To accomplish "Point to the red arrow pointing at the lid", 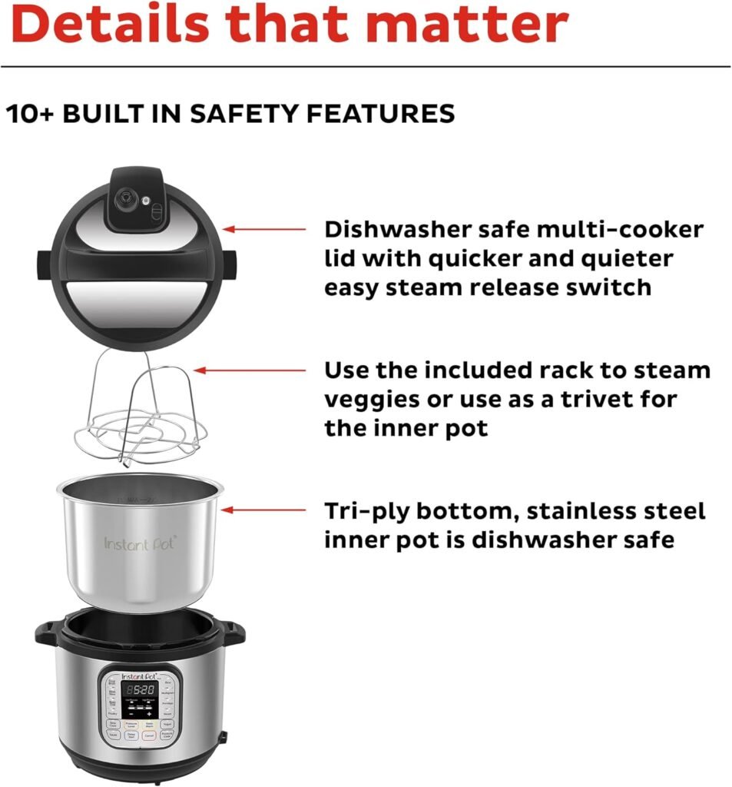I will click(x=264, y=229).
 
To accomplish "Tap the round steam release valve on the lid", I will click(x=122, y=198).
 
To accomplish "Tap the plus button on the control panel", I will click(x=150, y=714).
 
